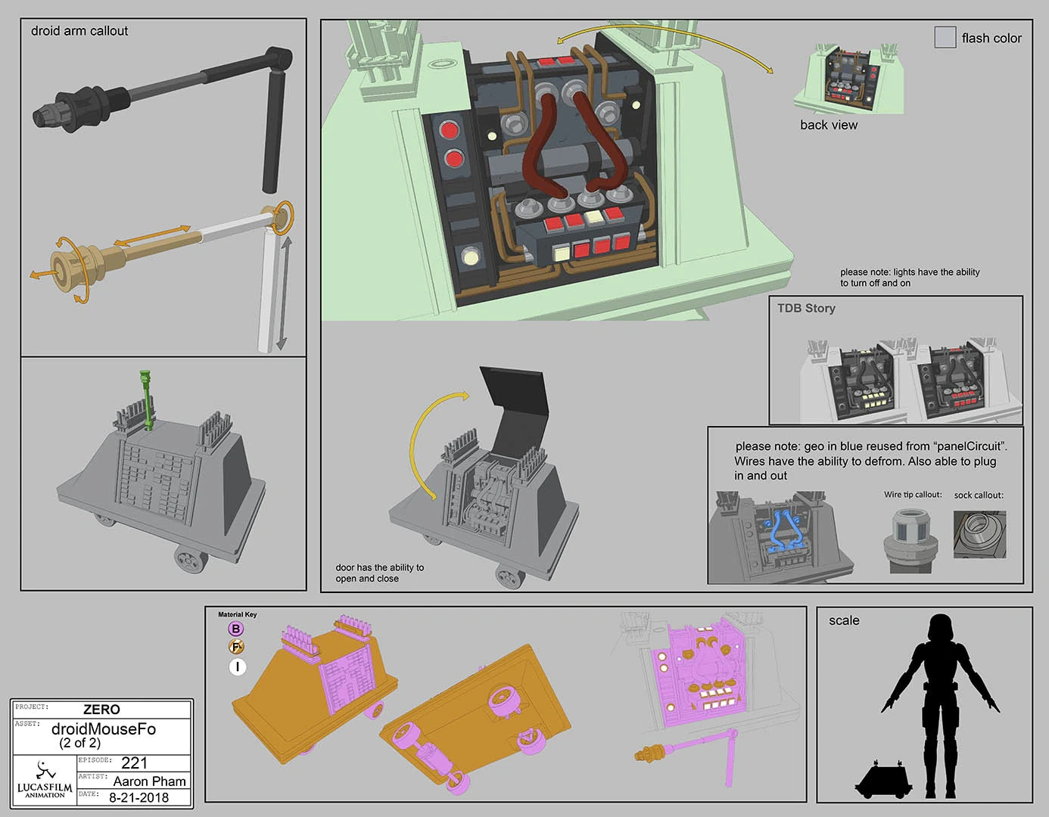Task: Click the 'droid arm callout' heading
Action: tap(79, 31)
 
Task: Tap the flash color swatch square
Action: tap(945, 37)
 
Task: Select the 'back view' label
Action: tap(829, 125)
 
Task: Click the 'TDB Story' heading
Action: tap(806, 308)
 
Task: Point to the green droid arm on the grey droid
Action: tap(146, 400)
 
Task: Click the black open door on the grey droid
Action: tap(515, 410)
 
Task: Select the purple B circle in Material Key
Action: tap(235, 629)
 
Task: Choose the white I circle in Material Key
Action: tap(237, 667)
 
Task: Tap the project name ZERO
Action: tap(101, 710)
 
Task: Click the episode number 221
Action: tap(134, 763)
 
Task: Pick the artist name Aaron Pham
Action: tap(149, 781)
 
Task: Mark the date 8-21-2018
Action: tap(139, 797)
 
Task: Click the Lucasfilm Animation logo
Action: tap(45, 779)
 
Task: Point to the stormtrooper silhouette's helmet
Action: tap(939, 629)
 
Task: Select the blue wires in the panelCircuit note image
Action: tap(783, 530)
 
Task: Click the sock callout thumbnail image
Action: tap(979, 534)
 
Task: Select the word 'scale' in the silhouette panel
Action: tap(844, 620)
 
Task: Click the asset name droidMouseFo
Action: tap(103, 728)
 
